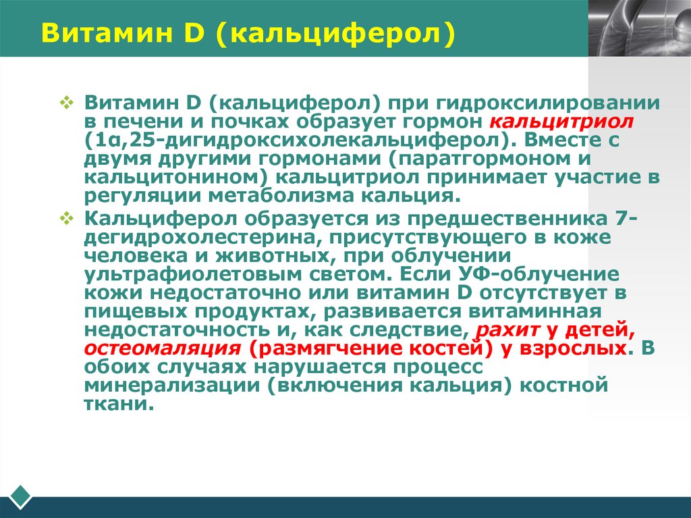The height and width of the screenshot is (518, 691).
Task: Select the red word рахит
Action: tap(501, 331)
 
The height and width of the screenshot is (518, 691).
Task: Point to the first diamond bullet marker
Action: tap(66, 103)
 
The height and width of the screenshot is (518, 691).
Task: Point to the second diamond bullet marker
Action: tap(66, 219)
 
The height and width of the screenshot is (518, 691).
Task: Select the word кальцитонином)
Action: tap(176, 178)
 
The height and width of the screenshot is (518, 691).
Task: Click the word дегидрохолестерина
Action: tap(195, 238)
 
